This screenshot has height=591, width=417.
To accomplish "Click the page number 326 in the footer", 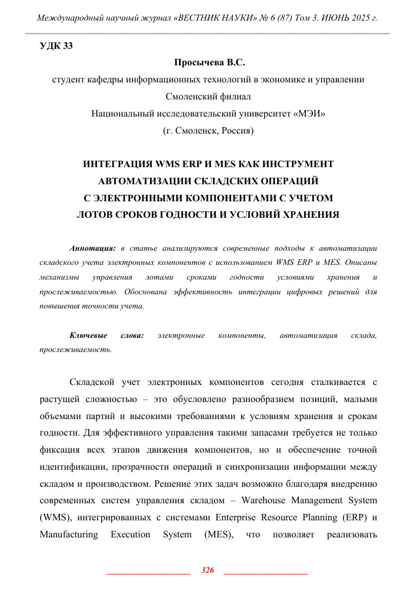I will [x=207, y=570].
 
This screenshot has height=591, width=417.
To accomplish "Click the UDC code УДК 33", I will [x=56, y=47].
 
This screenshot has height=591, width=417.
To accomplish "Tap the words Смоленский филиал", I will [x=208, y=97].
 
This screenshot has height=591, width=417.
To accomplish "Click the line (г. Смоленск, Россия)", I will [x=208, y=131].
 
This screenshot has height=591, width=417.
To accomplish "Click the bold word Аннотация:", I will [x=91, y=248].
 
